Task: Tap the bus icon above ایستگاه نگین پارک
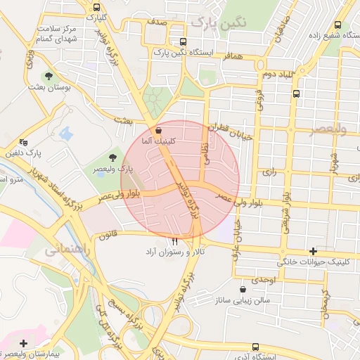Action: [183, 41]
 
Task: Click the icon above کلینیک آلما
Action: [157, 131]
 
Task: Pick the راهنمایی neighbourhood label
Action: [67, 250]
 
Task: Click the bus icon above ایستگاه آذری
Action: [255, 347]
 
